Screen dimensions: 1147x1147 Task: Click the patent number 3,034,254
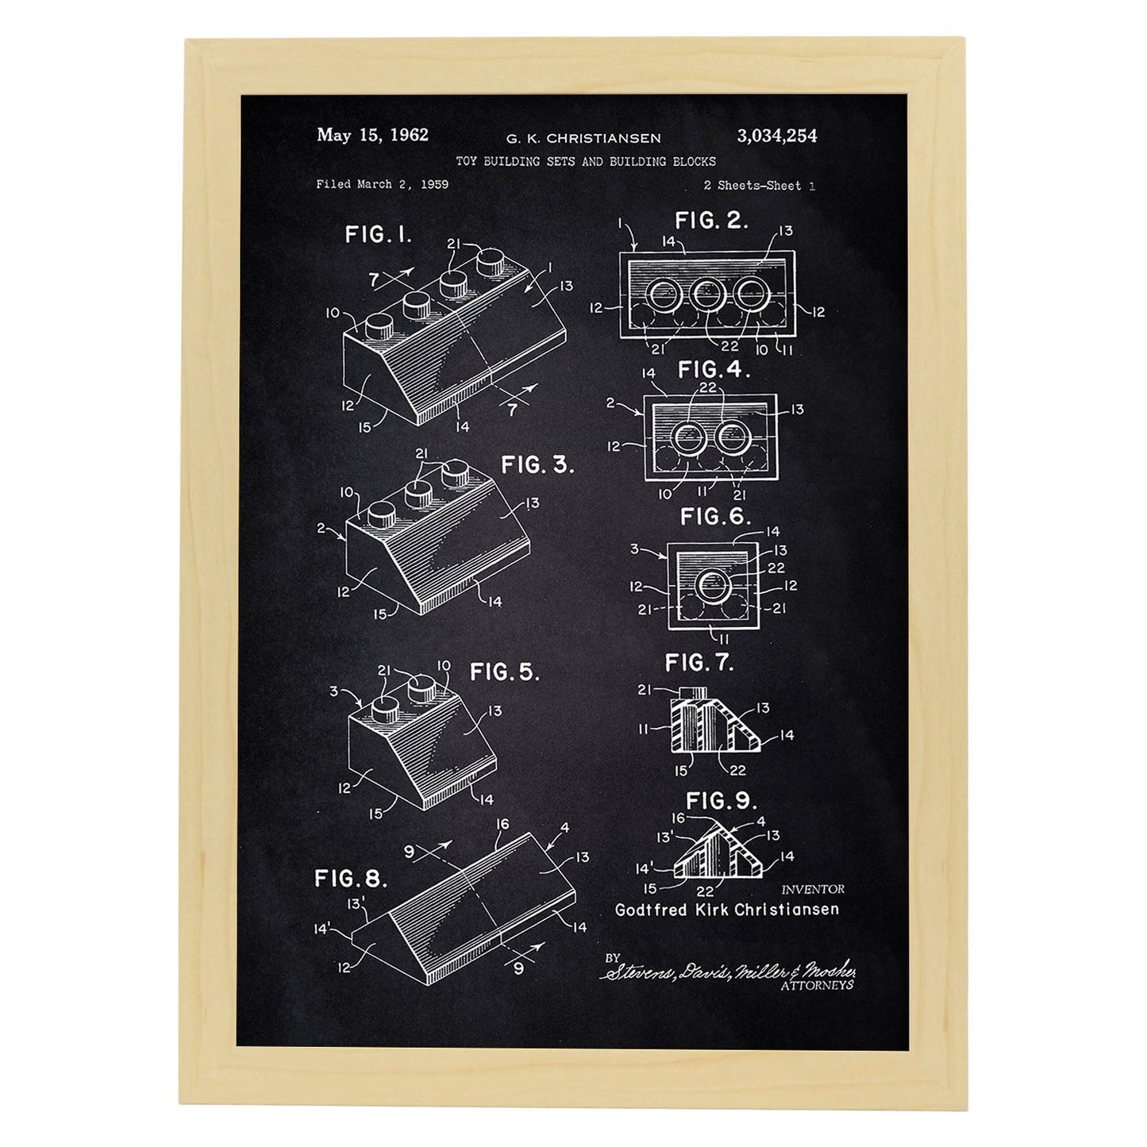coord(777,137)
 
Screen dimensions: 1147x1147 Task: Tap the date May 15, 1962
coord(372,135)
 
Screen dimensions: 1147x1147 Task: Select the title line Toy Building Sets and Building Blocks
coord(586,161)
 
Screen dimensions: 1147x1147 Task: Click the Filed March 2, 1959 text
coord(382,184)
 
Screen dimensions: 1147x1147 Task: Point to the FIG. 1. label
coord(379,234)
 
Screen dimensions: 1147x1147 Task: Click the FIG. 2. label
coord(711,221)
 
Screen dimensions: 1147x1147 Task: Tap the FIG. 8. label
coord(351,879)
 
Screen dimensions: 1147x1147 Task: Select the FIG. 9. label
coord(722,801)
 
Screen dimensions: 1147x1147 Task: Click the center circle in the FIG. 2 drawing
coord(707,295)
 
